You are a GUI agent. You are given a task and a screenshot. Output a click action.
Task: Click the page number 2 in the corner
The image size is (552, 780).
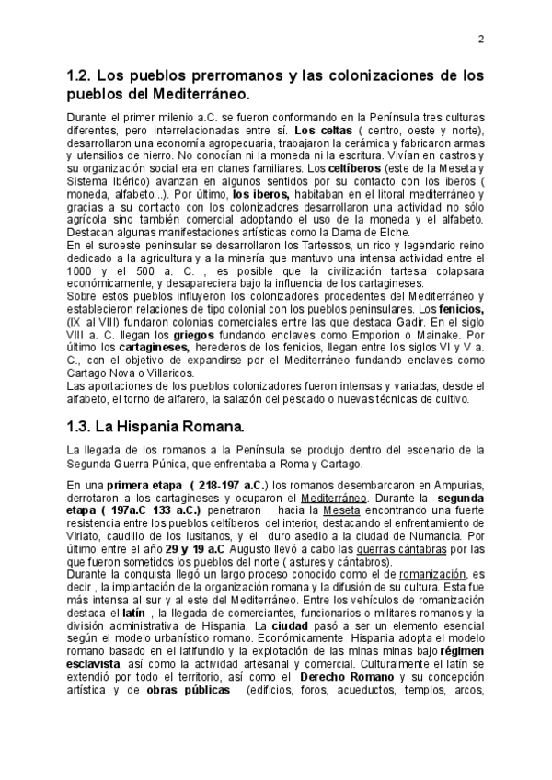coord(481,39)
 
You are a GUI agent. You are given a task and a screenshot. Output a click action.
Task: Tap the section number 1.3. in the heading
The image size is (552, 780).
coord(82,427)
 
